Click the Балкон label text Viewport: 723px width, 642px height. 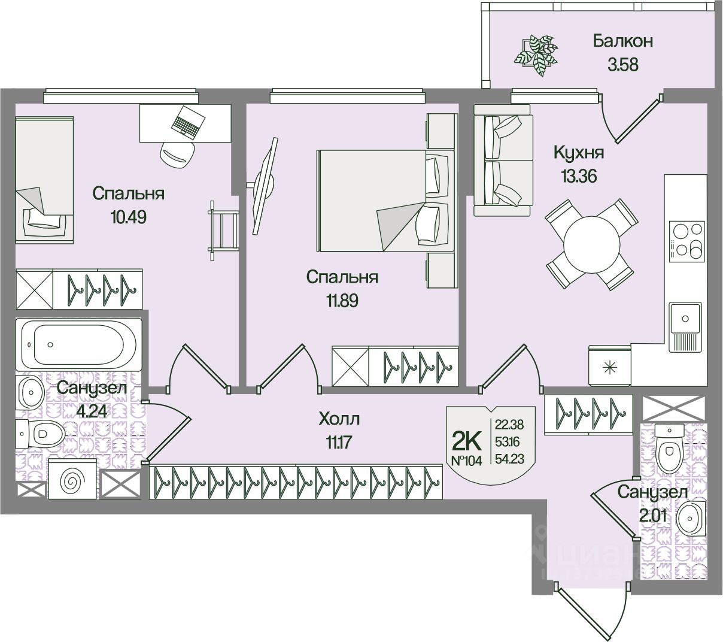[622, 41]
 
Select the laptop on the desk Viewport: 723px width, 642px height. [187, 122]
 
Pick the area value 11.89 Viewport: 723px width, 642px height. [342, 300]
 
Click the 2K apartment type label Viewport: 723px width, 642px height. [467, 441]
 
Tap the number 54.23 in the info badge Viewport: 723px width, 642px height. [509, 459]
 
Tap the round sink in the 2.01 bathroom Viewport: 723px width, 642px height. [692, 517]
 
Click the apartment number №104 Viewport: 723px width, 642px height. [466, 461]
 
